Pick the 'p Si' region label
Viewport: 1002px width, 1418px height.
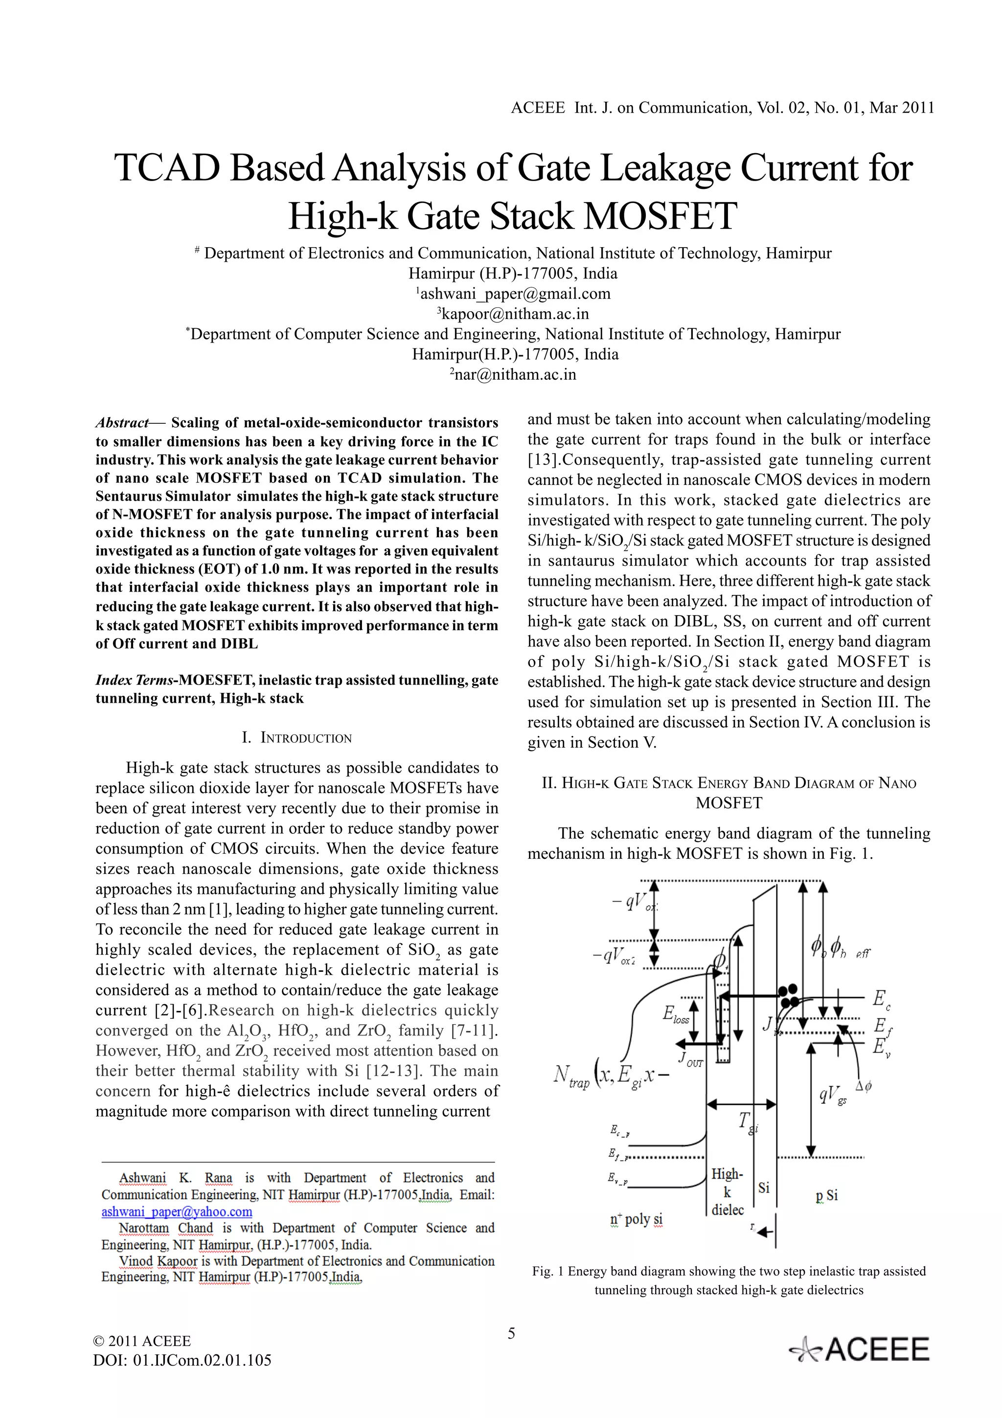click(x=827, y=1196)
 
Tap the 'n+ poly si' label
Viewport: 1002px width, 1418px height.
click(x=636, y=1219)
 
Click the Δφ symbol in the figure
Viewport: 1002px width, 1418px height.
click(x=863, y=1086)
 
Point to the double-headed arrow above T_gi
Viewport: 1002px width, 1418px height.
click(x=741, y=1104)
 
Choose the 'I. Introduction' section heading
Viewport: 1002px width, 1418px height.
click(x=296, y=737)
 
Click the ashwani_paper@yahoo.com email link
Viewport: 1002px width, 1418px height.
click(x=177, y=1212)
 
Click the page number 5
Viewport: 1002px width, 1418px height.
click(x=511, y=1333)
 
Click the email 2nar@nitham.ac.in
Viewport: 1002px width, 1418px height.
click(x=512, y=374)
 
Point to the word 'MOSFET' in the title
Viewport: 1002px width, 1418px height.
click(x=660, y=216)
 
